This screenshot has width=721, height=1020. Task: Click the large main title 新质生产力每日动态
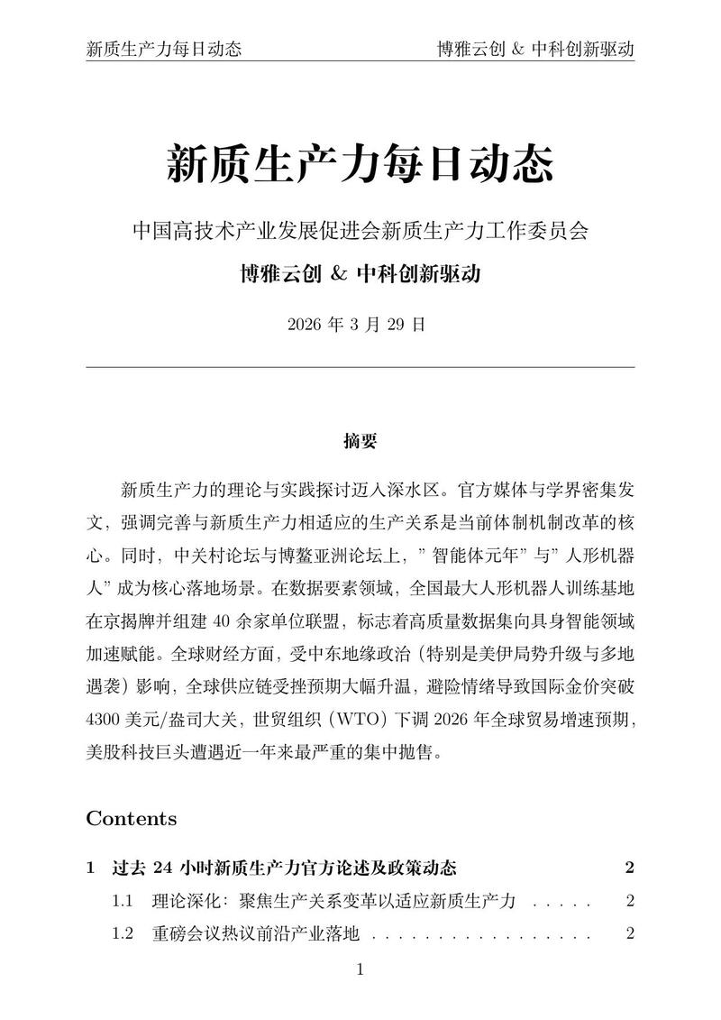360,165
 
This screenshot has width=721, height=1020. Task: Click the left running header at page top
163,49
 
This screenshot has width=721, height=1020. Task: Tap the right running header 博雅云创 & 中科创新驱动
535,49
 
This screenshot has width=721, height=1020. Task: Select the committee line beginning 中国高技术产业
360,231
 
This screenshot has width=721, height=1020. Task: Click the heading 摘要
360,441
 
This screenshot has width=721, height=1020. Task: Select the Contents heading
132,819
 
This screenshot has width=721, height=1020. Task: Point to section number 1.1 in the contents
123,901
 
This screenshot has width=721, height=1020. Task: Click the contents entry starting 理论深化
333,901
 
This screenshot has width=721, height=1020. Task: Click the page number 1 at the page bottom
360,970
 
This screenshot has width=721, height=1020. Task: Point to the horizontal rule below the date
360,367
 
